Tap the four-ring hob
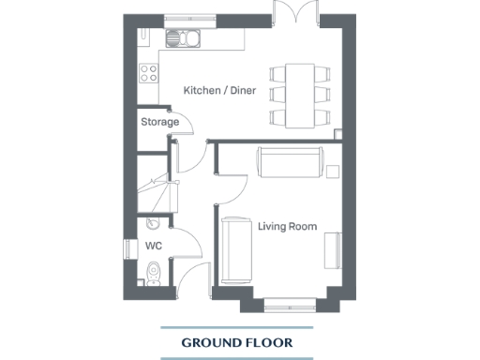coord(148,72)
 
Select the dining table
coord(300,96)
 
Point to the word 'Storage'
coord(159,122)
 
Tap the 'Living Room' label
coord(287,226)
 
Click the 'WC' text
coord(154,246)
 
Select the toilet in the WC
coord(154,272)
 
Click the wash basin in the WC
coord(152,225)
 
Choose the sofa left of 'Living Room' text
coord(236,247)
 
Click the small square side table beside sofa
coord(333,171)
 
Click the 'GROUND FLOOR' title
coord(236,343)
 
